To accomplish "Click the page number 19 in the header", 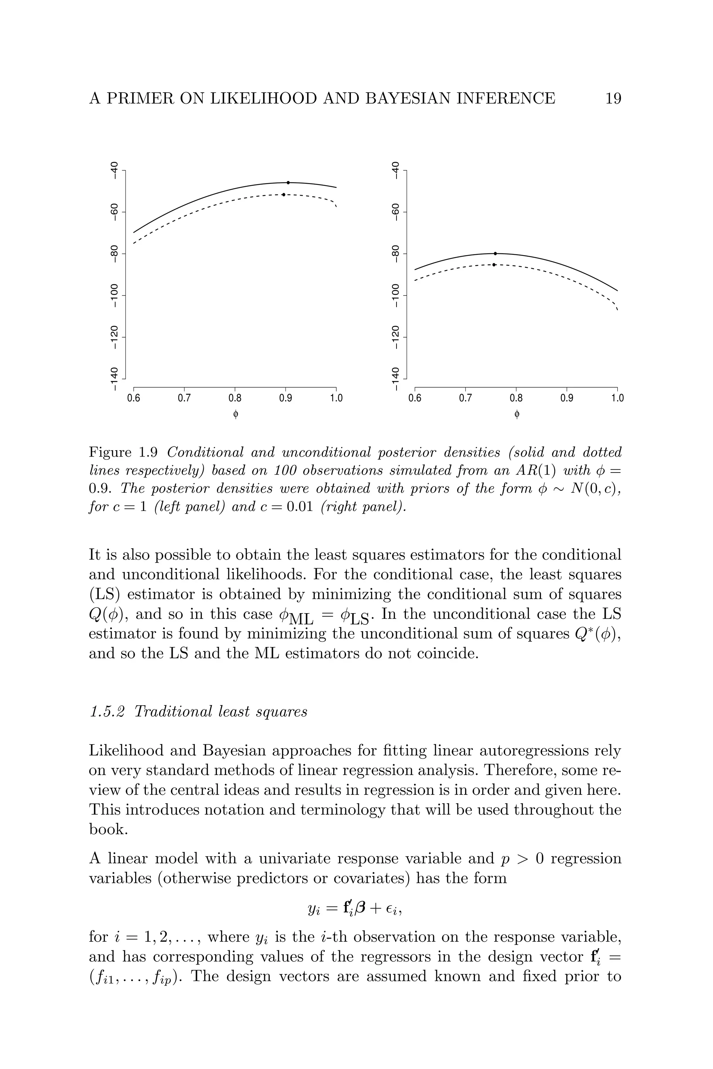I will pos(613,98).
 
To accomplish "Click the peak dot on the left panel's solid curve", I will pos(288,183).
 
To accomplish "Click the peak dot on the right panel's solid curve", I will pos(495,254).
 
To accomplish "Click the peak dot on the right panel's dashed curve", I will pos(494,264).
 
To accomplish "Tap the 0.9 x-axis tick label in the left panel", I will pos(285,398).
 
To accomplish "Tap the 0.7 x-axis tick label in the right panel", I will pos(465,398).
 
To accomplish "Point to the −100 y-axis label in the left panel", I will pos(115,295).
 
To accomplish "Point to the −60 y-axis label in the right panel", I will pos(395,212).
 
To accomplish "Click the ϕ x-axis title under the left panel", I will pos(235,414).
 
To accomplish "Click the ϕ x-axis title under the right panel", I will pos(516,414).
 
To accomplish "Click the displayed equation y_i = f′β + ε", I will pos(355,908).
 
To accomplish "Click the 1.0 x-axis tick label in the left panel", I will pos(336,398).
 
